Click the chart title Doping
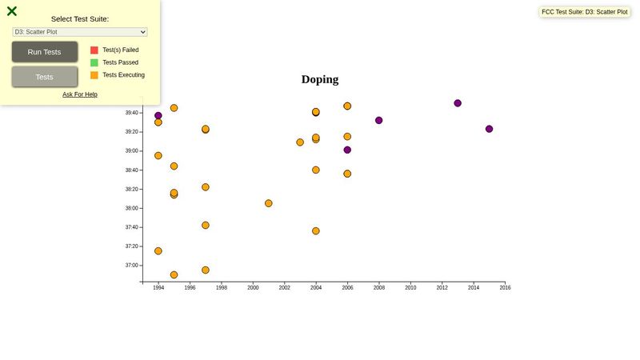[x=320, y=79]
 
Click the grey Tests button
[x=45, y=77]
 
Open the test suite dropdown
[x=80, y=32]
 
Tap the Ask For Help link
[x=80, y=94]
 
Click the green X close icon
[x=12, y=11]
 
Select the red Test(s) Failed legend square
[x=94, y=50]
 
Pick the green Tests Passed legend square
[x=94, y=62]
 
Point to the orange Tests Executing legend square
[x=94, y=75]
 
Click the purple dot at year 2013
[x=458, y=103]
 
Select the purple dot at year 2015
[x=489, y=129]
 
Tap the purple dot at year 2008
[x=379, y=120]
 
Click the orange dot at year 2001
[x=269, y=203]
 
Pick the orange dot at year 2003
[x=300, y=142]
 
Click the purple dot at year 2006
[x=347, y=150]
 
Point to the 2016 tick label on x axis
[x=505, y=287]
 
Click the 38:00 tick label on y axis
[x=132, y=208]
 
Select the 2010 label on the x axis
[x=410, y=287]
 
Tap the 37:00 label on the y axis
[x=132, y=266]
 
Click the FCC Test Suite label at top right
[x=585, y=12]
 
